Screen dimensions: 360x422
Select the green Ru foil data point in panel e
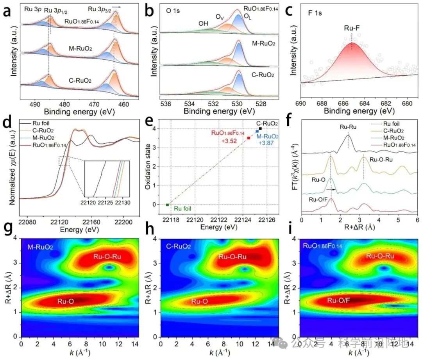click(167, 205)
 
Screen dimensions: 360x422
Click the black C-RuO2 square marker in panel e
click(260, 128)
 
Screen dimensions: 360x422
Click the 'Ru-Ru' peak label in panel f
click(348, 127)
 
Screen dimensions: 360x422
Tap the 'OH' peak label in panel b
click(203, 23)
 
